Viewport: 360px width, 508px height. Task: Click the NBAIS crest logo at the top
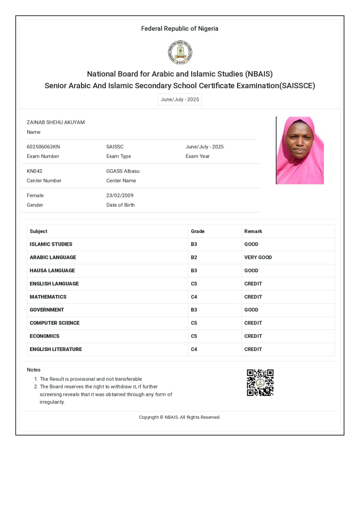(x=180, y=53)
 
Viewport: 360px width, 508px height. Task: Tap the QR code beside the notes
(x=260, y=383)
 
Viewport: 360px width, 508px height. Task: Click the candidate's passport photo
(x=300, y=150)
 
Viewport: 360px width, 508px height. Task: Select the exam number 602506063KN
(x=43, y=147)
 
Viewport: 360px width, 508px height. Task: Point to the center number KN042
(x=35, y=171)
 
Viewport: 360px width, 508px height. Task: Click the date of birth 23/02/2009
(x=120, y=195)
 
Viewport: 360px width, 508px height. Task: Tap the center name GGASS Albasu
(x=123, y=171)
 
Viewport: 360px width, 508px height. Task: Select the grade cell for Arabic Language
(x=194, y=257)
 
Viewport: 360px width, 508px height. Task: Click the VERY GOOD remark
(x=258, y=257)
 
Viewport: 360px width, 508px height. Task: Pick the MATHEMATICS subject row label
(x=48, y=297)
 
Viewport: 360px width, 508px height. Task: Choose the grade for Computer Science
(x=194, y=323)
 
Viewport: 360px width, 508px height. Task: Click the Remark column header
(x=253, y=232)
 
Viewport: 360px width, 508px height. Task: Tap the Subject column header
(x=39, y=232)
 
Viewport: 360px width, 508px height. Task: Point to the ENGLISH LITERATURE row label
(x=56, y=350)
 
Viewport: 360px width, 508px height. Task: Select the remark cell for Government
(x=251, y=310)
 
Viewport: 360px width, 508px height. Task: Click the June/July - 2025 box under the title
(x=180, y=99)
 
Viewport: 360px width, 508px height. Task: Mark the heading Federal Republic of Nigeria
(x=180, y=29)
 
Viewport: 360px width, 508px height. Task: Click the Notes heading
(x=34, y=370)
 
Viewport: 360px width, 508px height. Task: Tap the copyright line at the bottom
(x=180, y=417)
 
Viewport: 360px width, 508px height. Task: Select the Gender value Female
(x=35, y=195)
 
